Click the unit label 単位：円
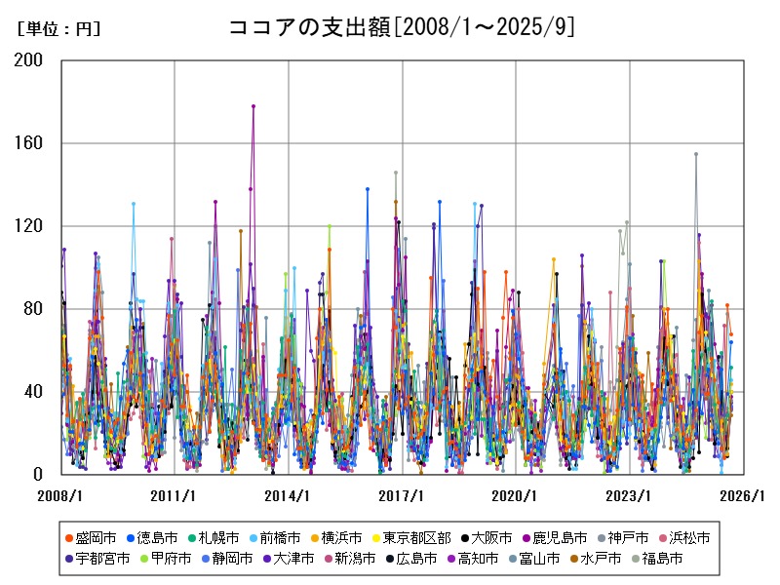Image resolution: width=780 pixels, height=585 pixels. pos(59,29)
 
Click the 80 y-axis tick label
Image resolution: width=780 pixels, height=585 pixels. pos(36,309)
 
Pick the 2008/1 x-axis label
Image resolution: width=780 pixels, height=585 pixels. pos(60,496)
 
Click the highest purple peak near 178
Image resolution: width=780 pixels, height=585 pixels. pos(253,106)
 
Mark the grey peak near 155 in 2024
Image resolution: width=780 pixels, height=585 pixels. pos(696,154)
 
